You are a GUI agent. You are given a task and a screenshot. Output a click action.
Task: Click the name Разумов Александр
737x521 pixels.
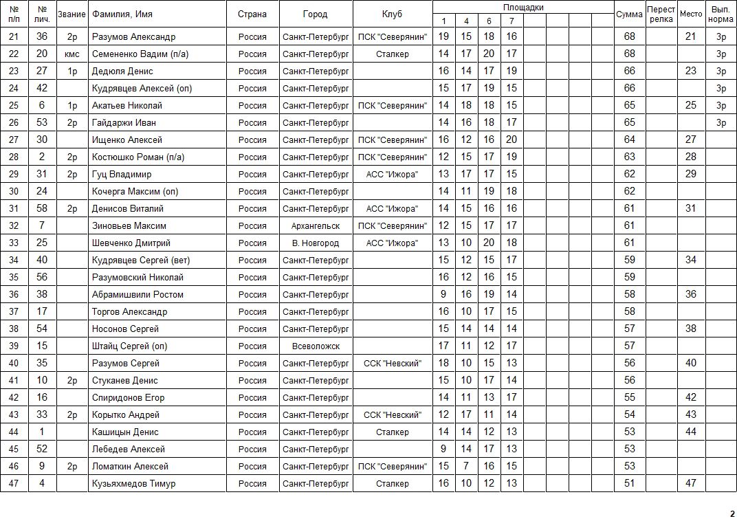click(133, 36)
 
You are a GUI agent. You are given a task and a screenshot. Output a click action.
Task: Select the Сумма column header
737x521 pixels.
click(629, 14)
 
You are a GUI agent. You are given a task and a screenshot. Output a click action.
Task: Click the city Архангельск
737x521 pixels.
click(316, 225)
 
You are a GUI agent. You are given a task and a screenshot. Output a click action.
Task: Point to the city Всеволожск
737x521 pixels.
click(316, 346)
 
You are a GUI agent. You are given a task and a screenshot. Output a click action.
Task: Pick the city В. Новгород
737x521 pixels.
click(316, 243)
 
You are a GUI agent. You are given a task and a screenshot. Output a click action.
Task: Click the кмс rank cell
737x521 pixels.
click(72, 54)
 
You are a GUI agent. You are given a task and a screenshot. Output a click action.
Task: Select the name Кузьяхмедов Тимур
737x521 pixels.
click(133, 483)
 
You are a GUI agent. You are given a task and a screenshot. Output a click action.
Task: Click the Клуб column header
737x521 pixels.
click(392, 14)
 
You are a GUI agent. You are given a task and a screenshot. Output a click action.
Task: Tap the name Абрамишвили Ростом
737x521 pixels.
click(137, 294)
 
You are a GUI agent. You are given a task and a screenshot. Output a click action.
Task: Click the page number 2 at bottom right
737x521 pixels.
click(732, 513)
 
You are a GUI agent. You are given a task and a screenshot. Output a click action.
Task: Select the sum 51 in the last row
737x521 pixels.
click(629, 483)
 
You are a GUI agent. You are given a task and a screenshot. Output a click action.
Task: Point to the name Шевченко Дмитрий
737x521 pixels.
click(131, 243)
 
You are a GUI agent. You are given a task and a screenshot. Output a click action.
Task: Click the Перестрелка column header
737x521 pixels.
click(661, 14)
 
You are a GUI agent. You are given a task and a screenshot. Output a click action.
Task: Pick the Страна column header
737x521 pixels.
click(252, 14)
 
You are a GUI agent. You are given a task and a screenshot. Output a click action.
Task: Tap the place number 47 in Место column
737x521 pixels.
click(691, 483)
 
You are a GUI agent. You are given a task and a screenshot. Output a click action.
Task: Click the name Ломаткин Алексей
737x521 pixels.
click(130, 466)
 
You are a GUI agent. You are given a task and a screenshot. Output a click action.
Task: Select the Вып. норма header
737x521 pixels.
click(720, 14)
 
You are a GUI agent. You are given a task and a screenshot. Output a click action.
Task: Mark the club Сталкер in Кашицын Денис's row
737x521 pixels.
click(392, 432)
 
